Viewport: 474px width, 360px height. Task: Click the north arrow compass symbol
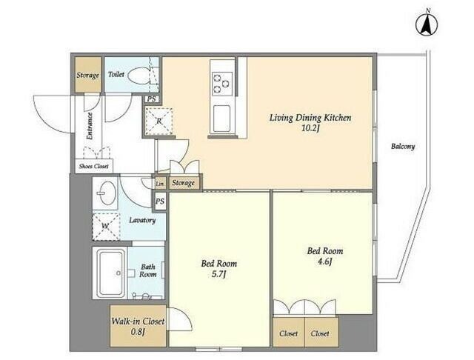pos(427,23)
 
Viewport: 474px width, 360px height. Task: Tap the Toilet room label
pos(116,74)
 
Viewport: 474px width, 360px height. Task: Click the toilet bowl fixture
pos(138,76)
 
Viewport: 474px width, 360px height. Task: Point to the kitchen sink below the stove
pos(221,119)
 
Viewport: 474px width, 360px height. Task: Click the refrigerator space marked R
pos(158,121)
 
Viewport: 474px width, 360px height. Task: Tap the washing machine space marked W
pos(106,227)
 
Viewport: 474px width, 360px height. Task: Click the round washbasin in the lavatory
pos(107,193)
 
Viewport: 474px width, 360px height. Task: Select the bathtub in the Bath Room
pos(110,273)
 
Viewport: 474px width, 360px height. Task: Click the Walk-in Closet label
pos(138,321)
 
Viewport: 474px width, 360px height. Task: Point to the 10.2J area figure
pos(310,128)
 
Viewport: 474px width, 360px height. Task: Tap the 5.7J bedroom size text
pos(219,275)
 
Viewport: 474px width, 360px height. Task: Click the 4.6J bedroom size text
pos(325,261)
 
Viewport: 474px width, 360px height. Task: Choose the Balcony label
pos(403,147)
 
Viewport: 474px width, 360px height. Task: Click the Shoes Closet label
pos(94,166)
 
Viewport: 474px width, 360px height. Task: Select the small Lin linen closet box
pos(160,183)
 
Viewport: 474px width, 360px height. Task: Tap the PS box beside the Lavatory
pos(160,201)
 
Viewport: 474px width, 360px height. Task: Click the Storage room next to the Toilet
pos(87,74)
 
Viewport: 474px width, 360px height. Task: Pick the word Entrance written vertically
pos(90,126)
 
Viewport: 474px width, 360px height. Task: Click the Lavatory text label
pos(142,220)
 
